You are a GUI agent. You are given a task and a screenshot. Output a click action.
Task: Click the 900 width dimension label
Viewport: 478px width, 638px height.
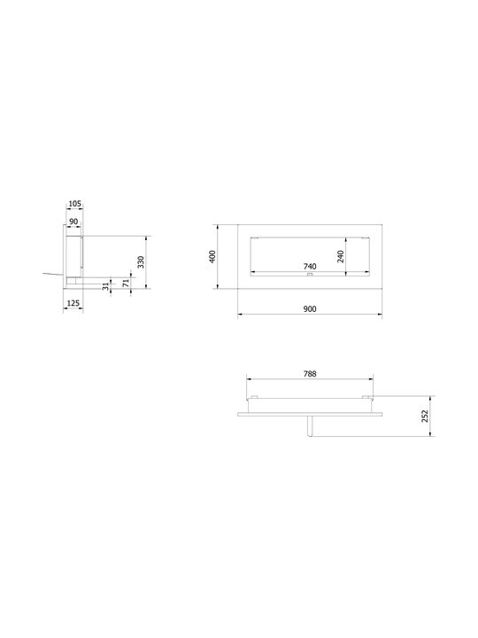pyautogui.click(x=310, y=309)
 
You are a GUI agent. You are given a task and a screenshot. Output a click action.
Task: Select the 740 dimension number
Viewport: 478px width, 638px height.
pyautogui.click(x=310, y=267)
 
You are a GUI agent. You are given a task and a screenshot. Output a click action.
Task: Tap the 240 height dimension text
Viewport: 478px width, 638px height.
pyautogui.click(x=341, y=256)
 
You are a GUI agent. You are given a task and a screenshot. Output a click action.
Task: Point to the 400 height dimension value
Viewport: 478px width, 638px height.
pyautogui.click(x=212, y=256)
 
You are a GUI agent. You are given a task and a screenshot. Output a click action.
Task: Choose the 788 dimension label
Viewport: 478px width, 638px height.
pyautogui.click(x=310, y=374)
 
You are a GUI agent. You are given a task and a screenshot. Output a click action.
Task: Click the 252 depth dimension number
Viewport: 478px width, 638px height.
pyautogui.click(x=425, y=416)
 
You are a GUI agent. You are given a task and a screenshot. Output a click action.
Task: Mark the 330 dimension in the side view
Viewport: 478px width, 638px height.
pyautogui.click(x=141, y=262)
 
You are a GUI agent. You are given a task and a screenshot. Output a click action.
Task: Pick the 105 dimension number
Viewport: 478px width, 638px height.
pyautogui.click(x=74, y=204)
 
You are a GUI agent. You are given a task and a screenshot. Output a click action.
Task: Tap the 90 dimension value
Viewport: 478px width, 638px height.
pyautogui.click(x=73, y=222)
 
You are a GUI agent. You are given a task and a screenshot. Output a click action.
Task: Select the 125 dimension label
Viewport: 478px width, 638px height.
pyautogui.click(x=73, y=303)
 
